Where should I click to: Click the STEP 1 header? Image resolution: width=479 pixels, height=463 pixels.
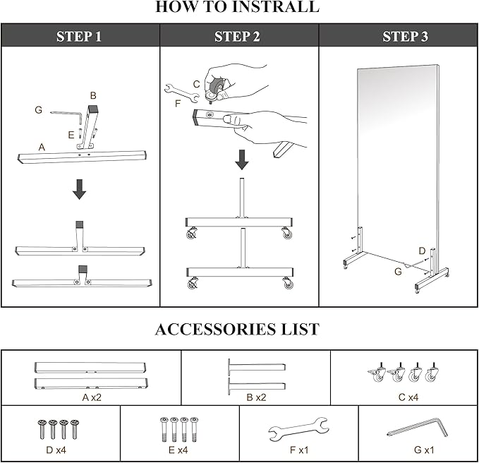79,36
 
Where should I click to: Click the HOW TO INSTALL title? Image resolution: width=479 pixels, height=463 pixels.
237,8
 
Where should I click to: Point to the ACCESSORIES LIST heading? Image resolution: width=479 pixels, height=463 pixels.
237,329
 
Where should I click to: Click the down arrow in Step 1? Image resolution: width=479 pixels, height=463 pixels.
80,189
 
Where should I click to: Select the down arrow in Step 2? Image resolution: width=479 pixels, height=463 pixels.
242,160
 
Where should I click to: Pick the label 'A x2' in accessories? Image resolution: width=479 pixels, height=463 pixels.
92,397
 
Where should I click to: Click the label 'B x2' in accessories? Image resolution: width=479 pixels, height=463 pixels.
256,397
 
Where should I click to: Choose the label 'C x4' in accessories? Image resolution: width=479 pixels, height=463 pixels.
408,397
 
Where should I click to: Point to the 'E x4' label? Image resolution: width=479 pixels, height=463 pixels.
178,449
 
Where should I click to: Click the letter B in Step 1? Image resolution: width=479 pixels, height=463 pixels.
92,95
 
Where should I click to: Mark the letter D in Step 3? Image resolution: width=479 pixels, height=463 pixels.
422,250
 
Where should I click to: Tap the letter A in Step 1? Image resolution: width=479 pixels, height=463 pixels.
42,147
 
